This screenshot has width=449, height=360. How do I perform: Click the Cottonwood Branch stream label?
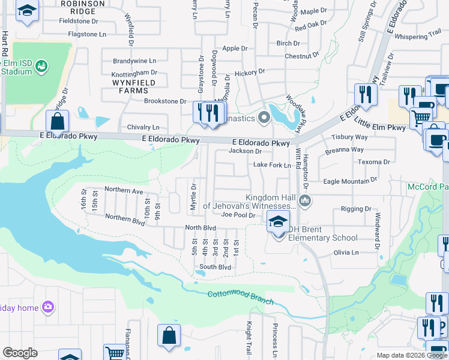coord(240,298)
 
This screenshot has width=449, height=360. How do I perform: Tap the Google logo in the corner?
coord(20,353)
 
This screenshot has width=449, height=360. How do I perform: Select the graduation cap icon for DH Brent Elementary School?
coord(279,223)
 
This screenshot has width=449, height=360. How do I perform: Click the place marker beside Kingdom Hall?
coord(305,200)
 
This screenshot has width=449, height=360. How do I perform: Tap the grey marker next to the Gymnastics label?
coord(263,116)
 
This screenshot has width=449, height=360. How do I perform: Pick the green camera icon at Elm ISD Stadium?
coord(41,65)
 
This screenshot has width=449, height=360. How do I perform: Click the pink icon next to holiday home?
coord(48,308)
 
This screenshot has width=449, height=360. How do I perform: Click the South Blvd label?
coord(215,267)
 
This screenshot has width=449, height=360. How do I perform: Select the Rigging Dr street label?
coord(356,209)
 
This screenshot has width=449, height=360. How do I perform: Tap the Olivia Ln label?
coord(346,253)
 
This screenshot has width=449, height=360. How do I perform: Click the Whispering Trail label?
coord(418,37)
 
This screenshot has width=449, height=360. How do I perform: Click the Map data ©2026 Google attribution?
coord(412,356)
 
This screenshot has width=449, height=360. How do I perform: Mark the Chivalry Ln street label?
coord(143,127)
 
